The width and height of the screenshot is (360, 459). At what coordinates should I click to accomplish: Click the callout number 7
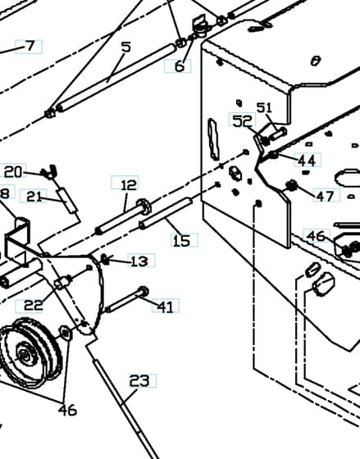click(30, 46)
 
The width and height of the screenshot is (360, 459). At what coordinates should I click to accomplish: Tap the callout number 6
click(180, 66)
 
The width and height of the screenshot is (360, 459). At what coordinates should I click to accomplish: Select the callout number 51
click(264, 107)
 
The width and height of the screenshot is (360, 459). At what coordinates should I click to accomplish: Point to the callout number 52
click(242, 120)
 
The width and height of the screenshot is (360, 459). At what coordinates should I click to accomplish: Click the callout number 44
click(307, 161)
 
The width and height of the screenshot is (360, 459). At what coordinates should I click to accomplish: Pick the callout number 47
click(325, 196)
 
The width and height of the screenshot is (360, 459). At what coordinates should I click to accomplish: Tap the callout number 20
click(13, 172)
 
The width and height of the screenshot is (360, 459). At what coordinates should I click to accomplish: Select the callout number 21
click(34, 197)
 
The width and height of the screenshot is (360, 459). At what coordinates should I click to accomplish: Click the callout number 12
click(129, 184)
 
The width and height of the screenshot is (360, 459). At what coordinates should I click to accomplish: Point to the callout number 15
click(181, 241)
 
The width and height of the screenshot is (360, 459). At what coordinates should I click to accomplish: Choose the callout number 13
click(139, 261)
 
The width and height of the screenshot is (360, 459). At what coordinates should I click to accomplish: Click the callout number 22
click(33, 305)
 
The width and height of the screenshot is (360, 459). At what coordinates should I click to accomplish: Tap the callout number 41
click(165, 307)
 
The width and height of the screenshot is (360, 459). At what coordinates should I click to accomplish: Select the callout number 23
click(139, 381)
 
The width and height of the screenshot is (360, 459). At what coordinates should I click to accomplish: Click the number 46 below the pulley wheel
click(67, 410)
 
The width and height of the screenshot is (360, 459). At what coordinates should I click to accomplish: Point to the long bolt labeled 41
click(127, 299)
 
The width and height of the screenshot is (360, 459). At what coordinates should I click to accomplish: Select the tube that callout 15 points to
click(166, 213)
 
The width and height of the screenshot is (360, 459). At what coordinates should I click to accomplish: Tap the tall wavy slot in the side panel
click(213, 139)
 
